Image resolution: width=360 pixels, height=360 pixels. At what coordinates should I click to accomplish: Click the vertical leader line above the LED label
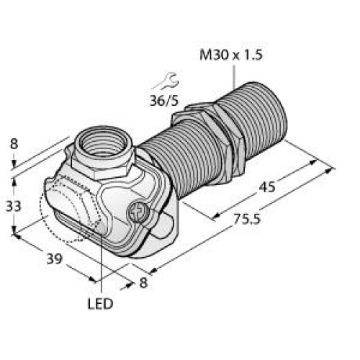(102, 266)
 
